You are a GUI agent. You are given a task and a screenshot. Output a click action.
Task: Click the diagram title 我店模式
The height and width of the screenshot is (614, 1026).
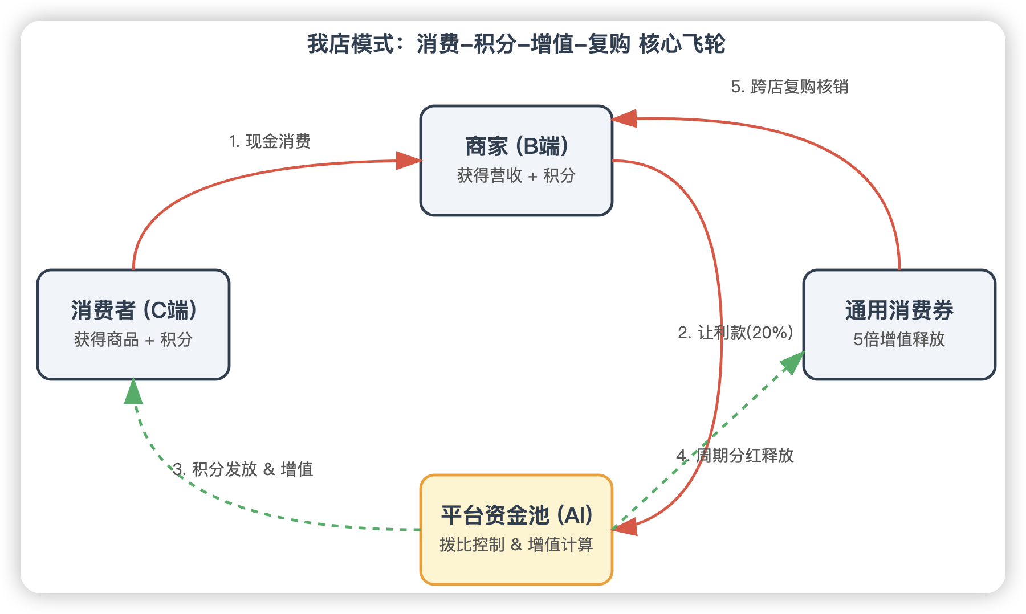click(351, 44)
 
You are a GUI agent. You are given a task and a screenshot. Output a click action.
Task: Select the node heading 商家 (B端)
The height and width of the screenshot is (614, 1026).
click(516, 146)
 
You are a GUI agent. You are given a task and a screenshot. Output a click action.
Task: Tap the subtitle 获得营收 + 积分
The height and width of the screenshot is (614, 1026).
click(516, 175)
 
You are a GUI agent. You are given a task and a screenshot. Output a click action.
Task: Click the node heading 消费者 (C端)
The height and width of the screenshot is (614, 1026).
click(134, 310)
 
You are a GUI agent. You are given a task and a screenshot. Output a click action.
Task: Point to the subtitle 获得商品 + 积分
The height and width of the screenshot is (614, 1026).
click(133, 339)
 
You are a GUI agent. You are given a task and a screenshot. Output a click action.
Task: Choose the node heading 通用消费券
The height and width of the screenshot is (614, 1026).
click(899, 310)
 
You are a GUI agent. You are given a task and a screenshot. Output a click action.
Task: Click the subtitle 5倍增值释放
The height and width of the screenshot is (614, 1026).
click(899, 339)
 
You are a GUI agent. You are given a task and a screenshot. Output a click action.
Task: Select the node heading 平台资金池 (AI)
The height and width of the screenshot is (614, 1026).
click(516, 515)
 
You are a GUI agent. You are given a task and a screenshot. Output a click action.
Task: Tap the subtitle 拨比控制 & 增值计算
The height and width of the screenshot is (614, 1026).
click(516, 545)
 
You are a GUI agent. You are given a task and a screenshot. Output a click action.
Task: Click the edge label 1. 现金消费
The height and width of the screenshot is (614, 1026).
click(270, 141)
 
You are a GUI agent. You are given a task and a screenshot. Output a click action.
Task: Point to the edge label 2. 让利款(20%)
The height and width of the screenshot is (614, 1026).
click(735, 333)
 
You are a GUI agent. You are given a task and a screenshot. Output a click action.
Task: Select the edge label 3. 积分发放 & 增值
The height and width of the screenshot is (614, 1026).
click(243, 469)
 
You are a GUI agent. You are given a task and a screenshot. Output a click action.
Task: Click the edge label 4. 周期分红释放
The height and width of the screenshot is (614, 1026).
click(735, 456)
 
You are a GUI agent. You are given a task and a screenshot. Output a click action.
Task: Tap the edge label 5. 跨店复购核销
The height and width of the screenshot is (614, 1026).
click(789, 87)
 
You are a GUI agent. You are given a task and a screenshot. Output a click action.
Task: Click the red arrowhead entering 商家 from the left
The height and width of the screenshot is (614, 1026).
click(408, 161)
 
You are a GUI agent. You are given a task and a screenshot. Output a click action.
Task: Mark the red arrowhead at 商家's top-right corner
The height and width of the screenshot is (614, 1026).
click(625, 118)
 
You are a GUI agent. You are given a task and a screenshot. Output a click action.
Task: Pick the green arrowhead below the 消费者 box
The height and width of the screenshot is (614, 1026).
click(133, 392)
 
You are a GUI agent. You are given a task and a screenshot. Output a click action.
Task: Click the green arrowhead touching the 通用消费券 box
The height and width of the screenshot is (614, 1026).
click(793, 361)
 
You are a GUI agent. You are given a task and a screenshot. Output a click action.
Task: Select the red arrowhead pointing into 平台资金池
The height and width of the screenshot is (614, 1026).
click(626, 527)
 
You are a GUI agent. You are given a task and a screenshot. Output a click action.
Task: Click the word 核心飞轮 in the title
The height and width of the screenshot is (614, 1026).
click(682, 44)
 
